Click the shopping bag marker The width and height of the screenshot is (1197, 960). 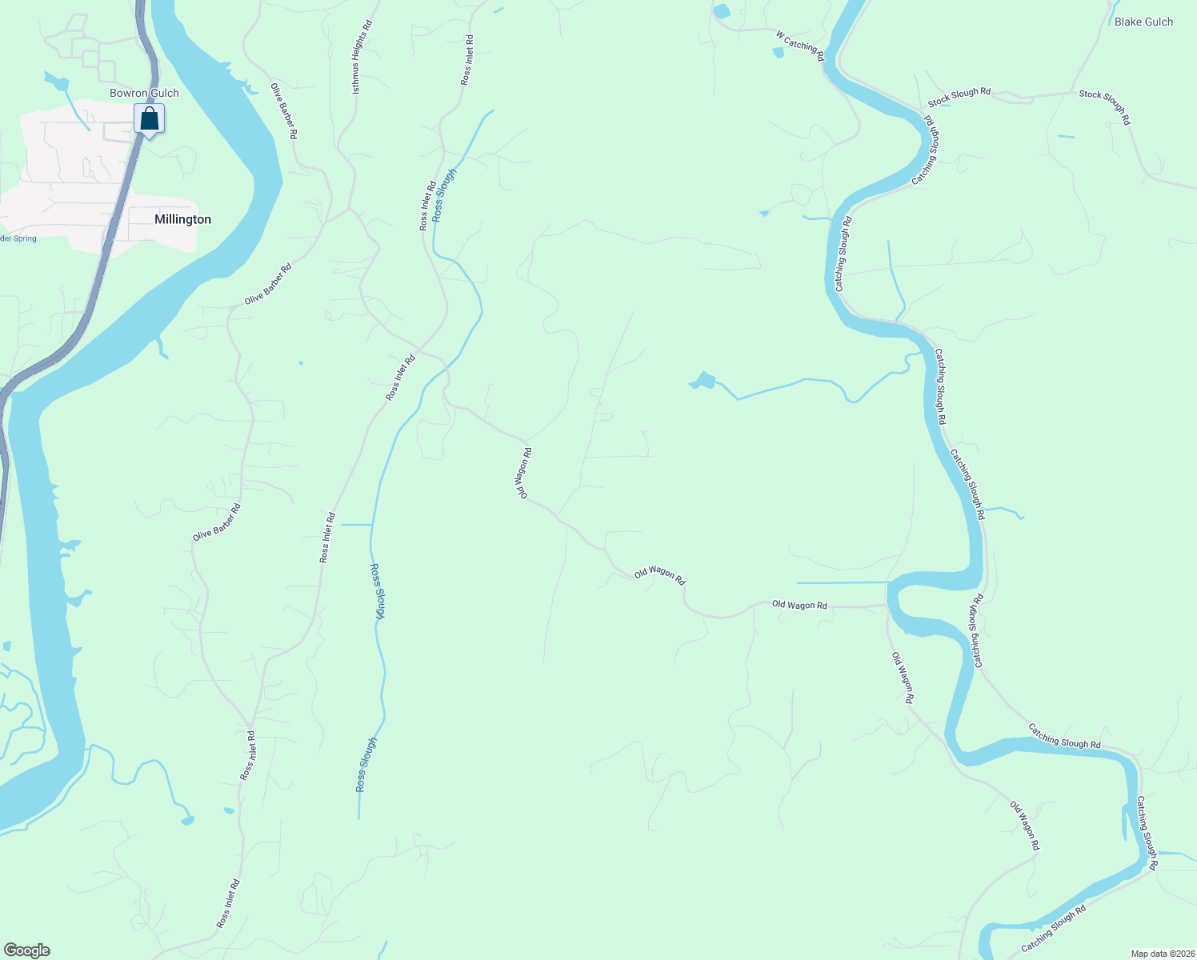coord(149,119)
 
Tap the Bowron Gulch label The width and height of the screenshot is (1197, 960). coord(144,93)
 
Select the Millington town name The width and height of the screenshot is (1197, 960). coord(182,219)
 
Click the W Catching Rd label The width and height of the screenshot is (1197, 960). coord(799,46)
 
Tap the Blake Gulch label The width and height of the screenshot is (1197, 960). coord(1143,22)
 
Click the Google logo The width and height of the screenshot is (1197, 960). coord(26,950)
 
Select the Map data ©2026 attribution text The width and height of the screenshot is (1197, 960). coord(1161,954)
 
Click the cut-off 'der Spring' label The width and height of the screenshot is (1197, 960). coord(18,238)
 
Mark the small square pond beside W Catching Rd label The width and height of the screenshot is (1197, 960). coord(778,53)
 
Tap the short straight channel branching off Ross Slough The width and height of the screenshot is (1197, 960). coord(356,525)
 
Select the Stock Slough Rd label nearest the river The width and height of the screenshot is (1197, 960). coord(959,97)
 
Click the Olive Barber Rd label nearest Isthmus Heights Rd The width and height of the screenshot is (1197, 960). coord(284,111)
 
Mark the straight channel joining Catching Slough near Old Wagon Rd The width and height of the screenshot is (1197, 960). coord(840,582)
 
